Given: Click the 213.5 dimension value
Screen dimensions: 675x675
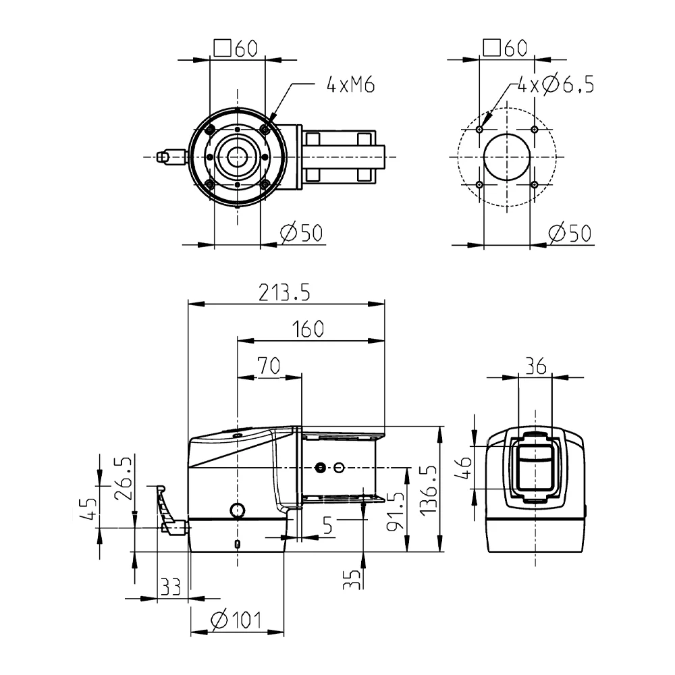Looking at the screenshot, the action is tap(284, 293).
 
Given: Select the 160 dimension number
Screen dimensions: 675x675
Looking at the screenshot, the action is tap(308, 329).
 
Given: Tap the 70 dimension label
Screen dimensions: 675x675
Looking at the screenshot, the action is tap(269, 366).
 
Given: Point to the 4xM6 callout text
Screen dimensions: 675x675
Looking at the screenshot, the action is tap(351, 84).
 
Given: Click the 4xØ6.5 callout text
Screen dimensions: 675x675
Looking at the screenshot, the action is tap(556, 84).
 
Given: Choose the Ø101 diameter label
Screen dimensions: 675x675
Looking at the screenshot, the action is tap(236, 620).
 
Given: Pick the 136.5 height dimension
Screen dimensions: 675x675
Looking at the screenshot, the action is tap(429, 490).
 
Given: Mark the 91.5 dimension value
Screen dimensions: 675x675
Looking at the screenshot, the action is tap(395, 512).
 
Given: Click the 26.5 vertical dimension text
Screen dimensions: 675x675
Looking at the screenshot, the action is tap(123, 479).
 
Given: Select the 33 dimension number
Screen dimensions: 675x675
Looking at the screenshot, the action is tap(171, 587).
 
